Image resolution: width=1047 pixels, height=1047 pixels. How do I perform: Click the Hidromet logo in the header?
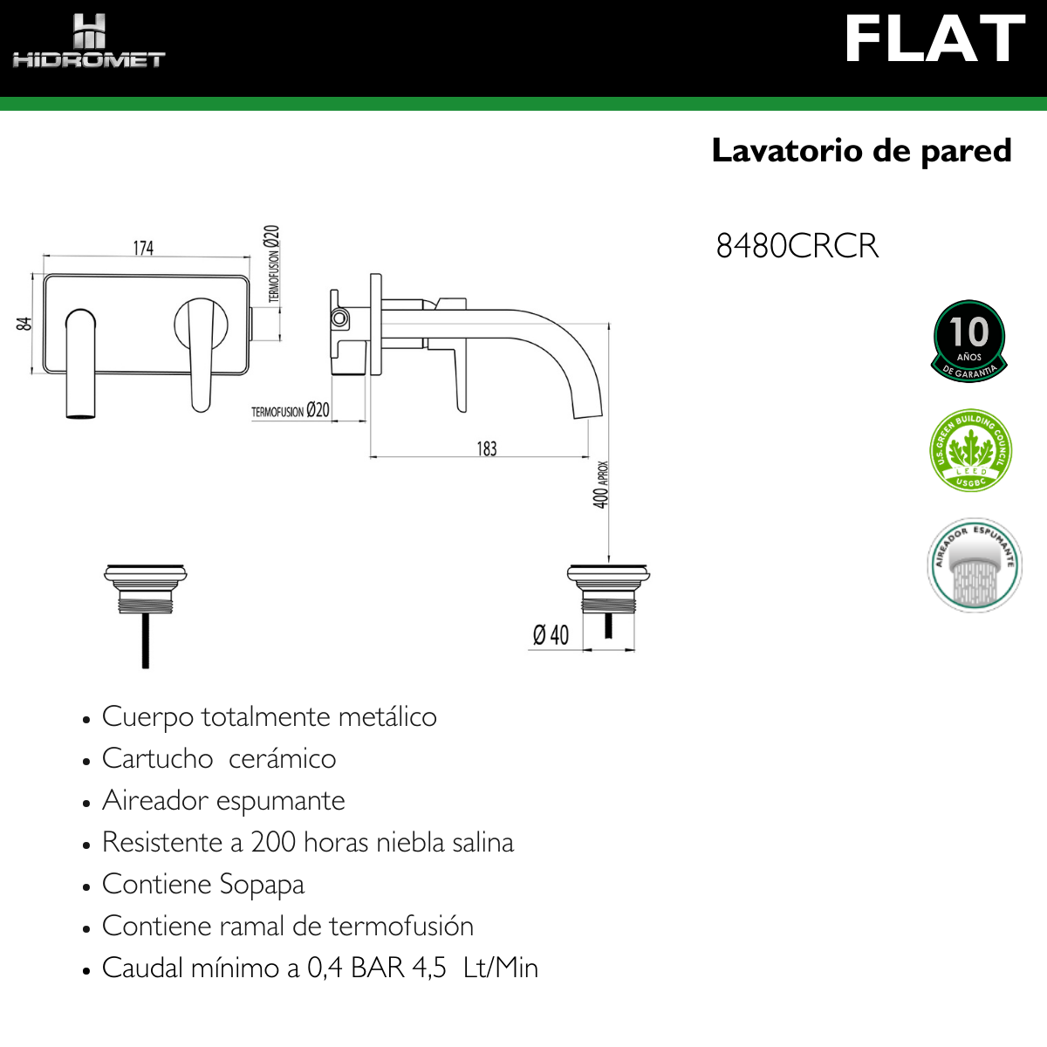[x=88, y=42]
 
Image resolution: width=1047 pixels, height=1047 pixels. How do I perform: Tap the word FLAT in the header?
[x=934, y=40]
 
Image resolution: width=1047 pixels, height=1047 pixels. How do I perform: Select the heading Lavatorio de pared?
[x=861, y=151]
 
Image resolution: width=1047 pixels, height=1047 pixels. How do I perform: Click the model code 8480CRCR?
[x=797, y=246]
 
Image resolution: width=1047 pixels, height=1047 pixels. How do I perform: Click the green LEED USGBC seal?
[x=970, y=451]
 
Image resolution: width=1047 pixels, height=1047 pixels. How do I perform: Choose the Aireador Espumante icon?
[x=974, y=565]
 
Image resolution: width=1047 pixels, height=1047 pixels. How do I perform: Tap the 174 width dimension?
[x=143, y=249]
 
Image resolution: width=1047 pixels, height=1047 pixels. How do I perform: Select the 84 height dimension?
[x=24, y=323]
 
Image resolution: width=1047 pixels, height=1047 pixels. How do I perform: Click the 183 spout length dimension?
[x=487, y=448]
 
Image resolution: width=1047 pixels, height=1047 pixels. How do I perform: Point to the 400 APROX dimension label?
[x=601, y=485]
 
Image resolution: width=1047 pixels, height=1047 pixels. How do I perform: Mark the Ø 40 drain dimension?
[x=551, y=635]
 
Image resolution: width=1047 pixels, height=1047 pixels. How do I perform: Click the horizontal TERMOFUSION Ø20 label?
[x=291, y=411]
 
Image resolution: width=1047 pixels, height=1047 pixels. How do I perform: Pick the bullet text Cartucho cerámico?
[x=219, y=759]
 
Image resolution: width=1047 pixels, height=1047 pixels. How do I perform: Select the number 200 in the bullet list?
[x=273, y=843]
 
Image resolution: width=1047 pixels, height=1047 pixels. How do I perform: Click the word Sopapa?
[x=261, y=885]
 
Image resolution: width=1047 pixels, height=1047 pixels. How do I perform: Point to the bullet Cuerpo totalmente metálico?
[x=269, y=717]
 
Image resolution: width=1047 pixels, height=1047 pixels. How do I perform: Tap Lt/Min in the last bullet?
[x=500, y=968]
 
